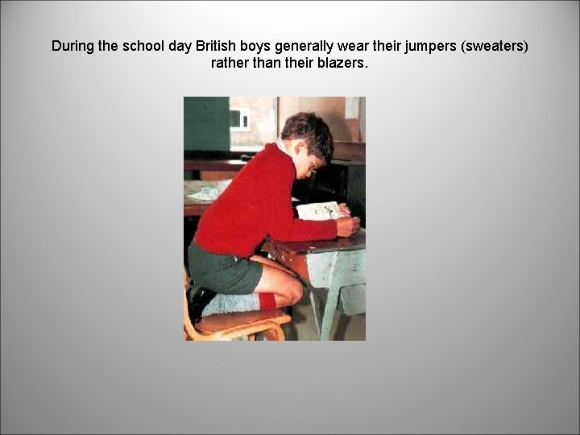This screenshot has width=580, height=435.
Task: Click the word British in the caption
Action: (217, 46)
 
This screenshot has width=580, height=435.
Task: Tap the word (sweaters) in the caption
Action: (488, 46)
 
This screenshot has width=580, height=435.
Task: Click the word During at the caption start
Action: (72, 46)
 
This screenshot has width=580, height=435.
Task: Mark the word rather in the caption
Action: (229, 63)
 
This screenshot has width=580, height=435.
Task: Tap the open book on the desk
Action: (318, 211)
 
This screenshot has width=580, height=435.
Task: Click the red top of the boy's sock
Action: (267, 301)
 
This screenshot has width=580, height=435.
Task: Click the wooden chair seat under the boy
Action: (242, 321)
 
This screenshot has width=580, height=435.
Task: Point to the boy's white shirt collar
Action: (281, 147)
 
